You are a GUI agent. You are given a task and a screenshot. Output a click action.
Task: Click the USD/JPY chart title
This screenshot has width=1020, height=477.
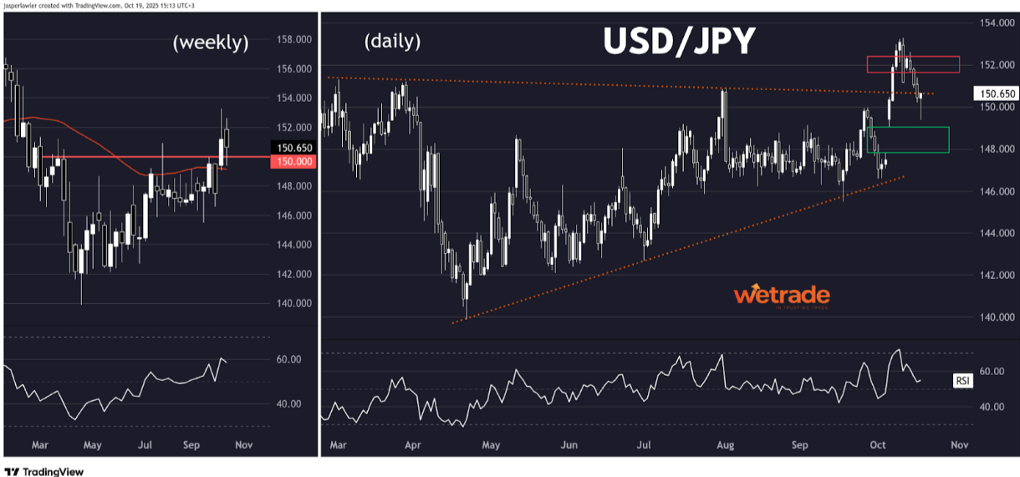coord(679,41)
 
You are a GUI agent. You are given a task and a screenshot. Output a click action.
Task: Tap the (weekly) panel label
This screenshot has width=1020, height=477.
coord(211,43)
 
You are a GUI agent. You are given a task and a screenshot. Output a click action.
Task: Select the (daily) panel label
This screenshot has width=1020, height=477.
coord(392,40)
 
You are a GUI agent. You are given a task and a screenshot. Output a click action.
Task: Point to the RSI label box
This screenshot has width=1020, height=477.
coord(963,381)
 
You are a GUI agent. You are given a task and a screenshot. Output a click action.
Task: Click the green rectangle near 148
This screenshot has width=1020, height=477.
coord(909,140)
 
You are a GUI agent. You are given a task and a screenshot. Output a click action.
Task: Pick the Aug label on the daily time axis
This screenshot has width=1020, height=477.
coord(726,445)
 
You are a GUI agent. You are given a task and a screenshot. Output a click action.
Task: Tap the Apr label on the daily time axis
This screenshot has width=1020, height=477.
coord(412,445)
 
